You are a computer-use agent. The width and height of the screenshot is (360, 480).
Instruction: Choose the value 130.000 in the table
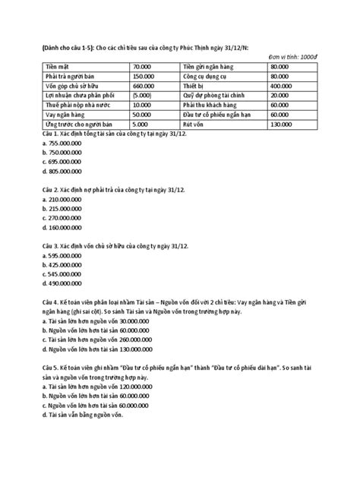(282, 123)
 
